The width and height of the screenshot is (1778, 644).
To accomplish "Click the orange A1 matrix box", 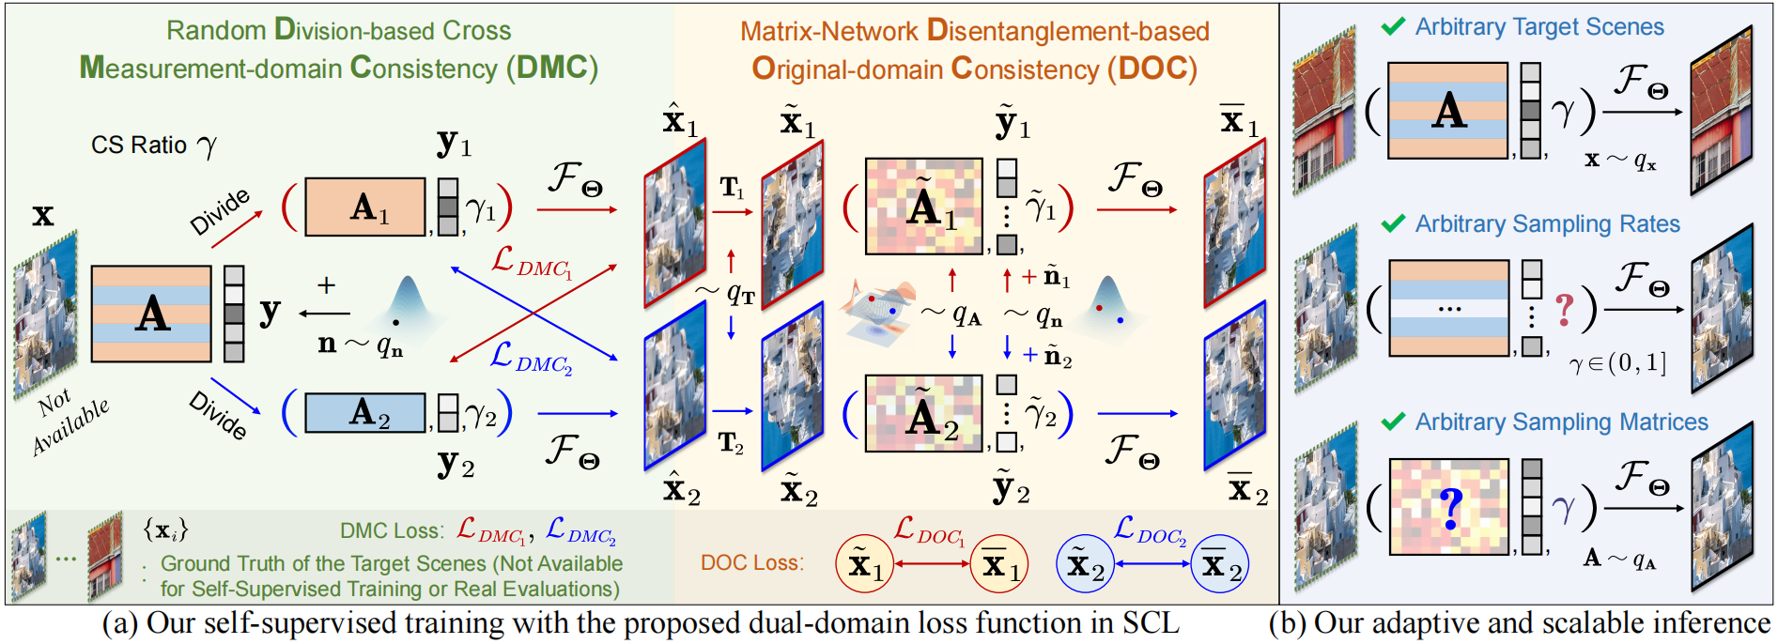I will [364, 207].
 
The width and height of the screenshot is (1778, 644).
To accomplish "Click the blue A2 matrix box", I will [364, 412].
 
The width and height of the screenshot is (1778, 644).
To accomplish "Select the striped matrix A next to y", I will [151, 314].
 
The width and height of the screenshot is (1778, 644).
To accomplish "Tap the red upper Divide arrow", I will [237, 230].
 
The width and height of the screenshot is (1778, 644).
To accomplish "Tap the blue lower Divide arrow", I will [235, 395].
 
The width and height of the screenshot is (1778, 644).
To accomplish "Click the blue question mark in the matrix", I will [1451, 508].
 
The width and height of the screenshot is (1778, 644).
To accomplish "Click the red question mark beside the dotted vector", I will [1564, 309].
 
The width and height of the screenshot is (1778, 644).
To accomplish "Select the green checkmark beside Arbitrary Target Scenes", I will [1393, 27].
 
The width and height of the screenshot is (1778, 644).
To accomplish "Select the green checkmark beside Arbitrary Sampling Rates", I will [1393, 223].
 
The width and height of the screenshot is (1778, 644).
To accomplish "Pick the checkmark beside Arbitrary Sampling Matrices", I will [1393, 422].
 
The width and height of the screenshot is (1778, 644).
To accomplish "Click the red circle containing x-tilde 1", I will [865, 564].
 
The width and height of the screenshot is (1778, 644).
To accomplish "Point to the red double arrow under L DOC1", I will [932, 563].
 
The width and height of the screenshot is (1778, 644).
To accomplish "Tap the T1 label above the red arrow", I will [732, 189].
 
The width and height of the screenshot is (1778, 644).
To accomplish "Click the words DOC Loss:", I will [751, 562].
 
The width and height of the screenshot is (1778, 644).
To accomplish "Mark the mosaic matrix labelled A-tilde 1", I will [923, 207].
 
